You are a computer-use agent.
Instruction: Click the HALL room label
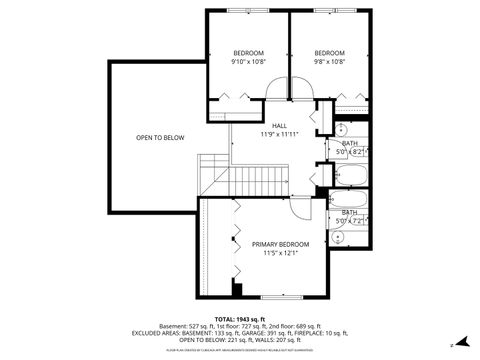coord(279,126)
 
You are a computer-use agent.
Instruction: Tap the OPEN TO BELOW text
coord(160,138)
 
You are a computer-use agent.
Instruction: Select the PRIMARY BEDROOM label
coord(280,244)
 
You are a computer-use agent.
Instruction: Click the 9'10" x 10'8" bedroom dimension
coord(249,62)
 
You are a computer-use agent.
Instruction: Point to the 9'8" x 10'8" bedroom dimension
coord(329,62)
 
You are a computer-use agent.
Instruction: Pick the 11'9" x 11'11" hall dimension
coord(279,134)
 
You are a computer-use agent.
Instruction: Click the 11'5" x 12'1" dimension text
coord(280,253)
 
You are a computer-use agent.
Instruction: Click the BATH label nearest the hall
coord(349,143)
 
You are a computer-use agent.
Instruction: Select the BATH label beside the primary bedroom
coord(349,212)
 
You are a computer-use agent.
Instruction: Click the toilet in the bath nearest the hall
coord(340,129)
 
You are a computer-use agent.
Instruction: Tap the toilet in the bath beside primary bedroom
coord(340,237)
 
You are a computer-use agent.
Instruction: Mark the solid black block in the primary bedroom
coord(237,289)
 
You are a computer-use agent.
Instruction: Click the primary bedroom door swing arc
coord(299,208)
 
